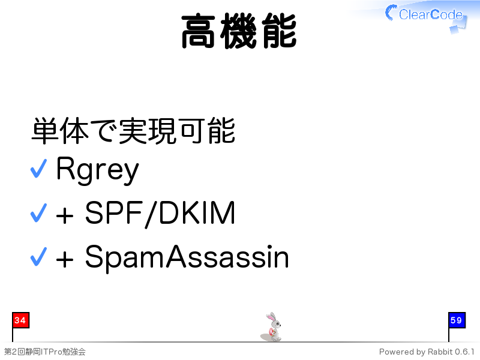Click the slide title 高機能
click(x=239, y=31)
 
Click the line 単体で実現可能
click(x=133, y=131)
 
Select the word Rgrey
click(x=97, y=170)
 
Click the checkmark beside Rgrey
click(x=38, y=169)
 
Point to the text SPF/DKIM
click(x=160, y=214)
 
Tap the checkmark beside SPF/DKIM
click(x=38, y=213)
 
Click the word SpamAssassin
click(x=187, y=257)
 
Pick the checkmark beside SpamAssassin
click(x=38, y=257)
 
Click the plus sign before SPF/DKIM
click(x=65, y=216)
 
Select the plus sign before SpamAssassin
click(x=65, y=260)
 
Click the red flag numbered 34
click(x=20, y=320)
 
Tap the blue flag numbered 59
click(x=457, y=320)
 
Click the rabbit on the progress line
click(x=272, y=327)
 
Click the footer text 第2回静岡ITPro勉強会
click(x=44, y=352)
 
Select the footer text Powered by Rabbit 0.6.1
click(x=427, y=352)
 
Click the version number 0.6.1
click(x=464, y=352)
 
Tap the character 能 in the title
click(x=279, y=31)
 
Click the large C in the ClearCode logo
click(x=391, y=13)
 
